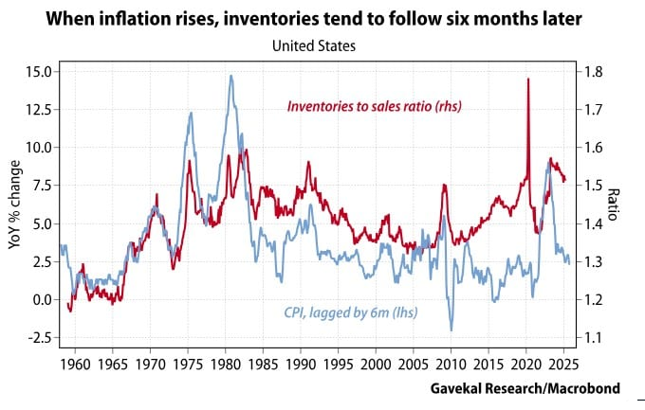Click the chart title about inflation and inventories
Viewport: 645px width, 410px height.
[322, 19]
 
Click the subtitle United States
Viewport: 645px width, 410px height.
[322, 45]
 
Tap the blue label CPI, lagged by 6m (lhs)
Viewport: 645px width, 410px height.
[351, 312]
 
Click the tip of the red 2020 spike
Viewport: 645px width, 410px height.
[527, 79]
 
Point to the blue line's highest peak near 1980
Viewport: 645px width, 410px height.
[230, 76]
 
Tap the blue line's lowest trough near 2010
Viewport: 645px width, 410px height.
[451, 330]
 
